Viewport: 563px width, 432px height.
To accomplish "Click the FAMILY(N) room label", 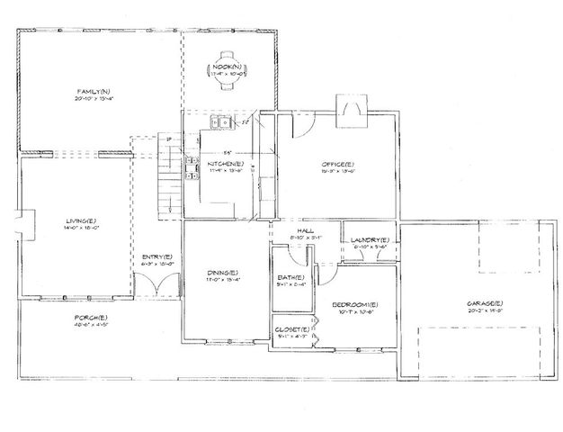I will click(93, 92).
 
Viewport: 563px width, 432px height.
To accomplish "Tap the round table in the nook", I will click(227, 70).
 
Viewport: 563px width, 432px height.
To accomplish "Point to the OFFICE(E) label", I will click(337, 164).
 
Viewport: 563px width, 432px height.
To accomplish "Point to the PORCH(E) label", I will click(92, 318).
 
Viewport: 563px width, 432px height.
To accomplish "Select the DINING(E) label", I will click(222, 272).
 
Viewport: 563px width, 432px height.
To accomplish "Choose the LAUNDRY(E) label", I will click(371, 239).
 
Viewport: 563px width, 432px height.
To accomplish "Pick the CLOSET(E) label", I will click(292, 329).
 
